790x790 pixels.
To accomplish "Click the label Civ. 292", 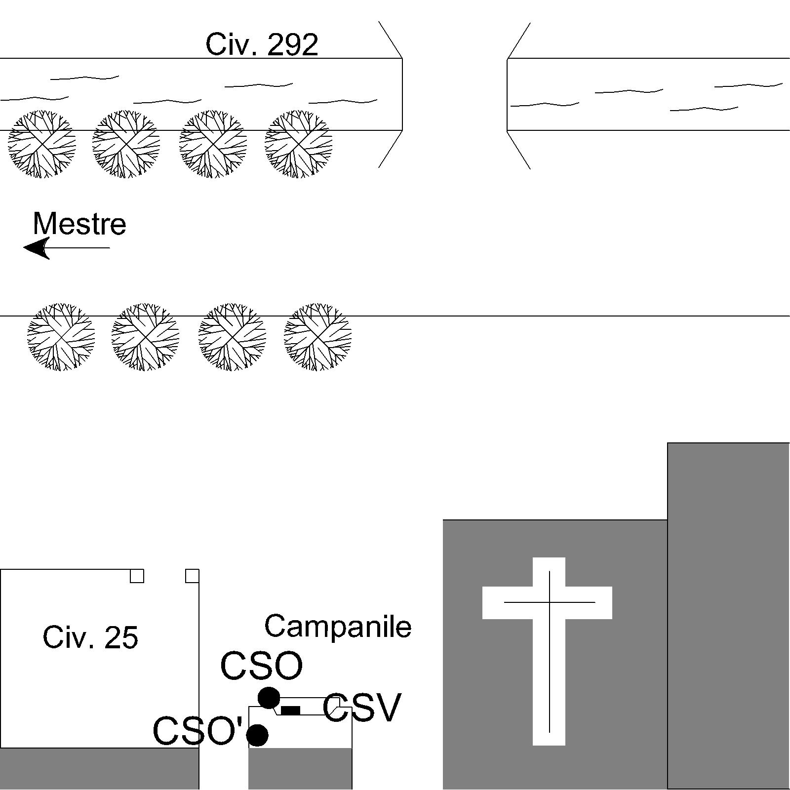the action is point(262,44).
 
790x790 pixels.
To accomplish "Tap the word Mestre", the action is point(79,224).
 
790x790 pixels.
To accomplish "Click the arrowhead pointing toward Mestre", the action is point(37,248).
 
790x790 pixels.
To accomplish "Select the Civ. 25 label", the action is point(90,637).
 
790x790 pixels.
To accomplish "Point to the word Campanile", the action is point(338,626).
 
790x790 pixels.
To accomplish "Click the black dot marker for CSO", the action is point(269,698).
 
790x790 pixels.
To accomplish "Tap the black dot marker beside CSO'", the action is point(257,735).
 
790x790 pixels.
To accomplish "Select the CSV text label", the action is point(361,708).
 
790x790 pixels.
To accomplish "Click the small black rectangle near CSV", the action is point(291,711).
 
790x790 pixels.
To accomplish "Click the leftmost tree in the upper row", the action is point(42,144).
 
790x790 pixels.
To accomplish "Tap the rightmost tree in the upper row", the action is point(298,144).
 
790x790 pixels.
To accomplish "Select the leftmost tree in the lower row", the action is point(61,337).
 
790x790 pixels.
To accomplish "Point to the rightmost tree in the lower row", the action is point(317,337).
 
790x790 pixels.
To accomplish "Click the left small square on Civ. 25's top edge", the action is point(137,576).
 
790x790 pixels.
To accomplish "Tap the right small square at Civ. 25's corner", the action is point(192,576).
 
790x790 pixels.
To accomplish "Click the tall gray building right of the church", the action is point(729,616).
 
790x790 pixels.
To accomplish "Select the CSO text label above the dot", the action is point(261,666).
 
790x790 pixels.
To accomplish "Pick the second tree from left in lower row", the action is point(145,337).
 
